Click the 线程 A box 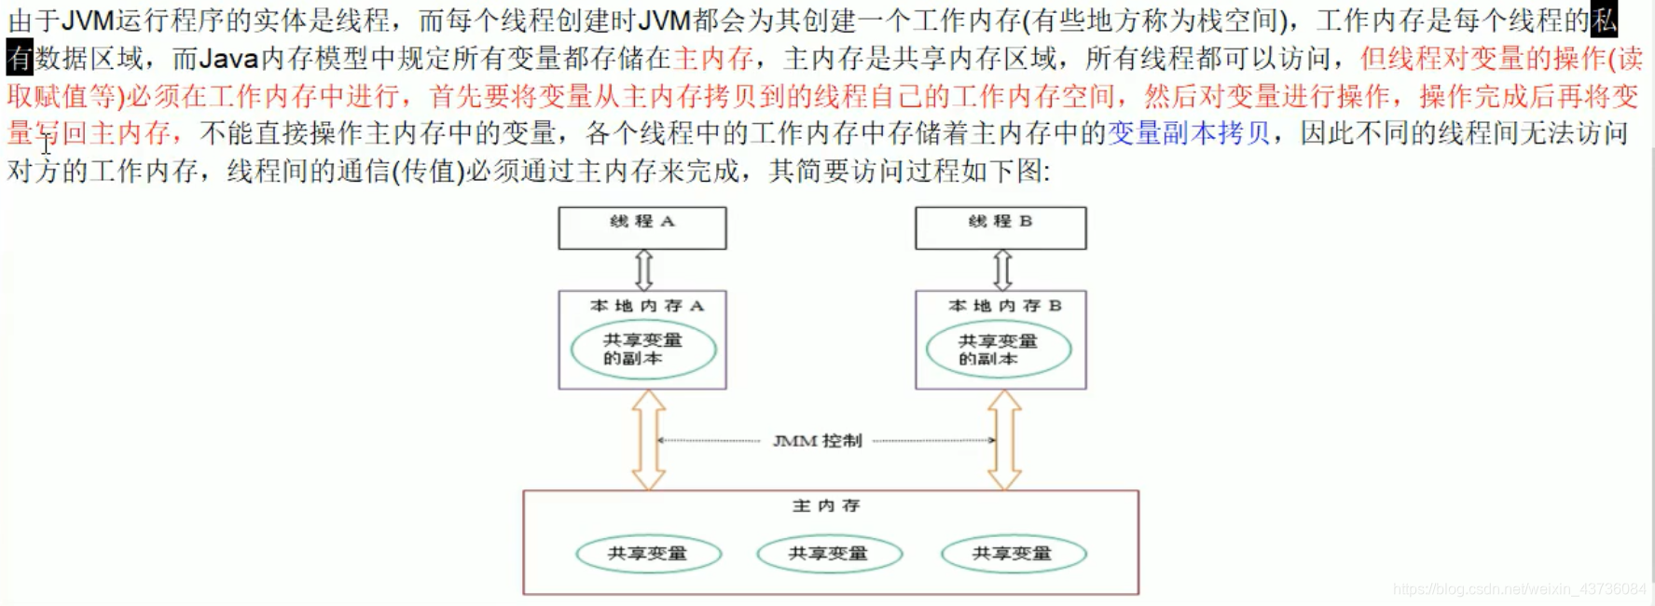click(642, 227)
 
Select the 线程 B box click(1000, 227)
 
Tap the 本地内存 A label click(647, 306)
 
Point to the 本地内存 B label click(1004, 306)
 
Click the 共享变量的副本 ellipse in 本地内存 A click(643, 350)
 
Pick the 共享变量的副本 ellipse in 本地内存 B click(999, 350)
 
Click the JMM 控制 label click(817, 441)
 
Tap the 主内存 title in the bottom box click(826, 506)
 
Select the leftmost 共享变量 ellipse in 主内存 click(649, 554)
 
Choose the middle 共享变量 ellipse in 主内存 click(830, 554)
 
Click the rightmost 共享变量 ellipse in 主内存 click(1014, 554)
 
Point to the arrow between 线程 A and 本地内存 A click(643, 270)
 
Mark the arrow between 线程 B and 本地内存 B click(1002, 270)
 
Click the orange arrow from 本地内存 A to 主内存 click(649, 440)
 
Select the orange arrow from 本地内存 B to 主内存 click(1004, 440)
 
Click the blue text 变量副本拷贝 click(1189, 133)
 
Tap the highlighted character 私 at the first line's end click(1604, 21)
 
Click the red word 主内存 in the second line click(713, 59)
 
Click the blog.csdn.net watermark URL click(1520, 589)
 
